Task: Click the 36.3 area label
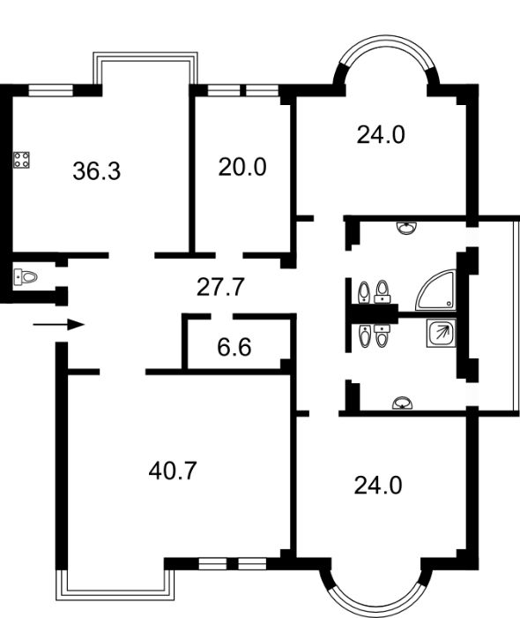[96, 170]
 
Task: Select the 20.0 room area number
[242, 167]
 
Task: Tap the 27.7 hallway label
[219, 286]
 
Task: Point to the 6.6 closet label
[234, 347]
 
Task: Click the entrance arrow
[59, 324]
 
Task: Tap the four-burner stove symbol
[23, 162]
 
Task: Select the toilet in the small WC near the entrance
[26, 277]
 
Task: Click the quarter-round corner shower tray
[437, 291]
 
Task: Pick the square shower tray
[440, 334]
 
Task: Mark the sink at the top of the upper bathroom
[406, 228]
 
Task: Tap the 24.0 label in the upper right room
[381, 135]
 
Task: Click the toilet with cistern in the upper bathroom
[382, 290]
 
